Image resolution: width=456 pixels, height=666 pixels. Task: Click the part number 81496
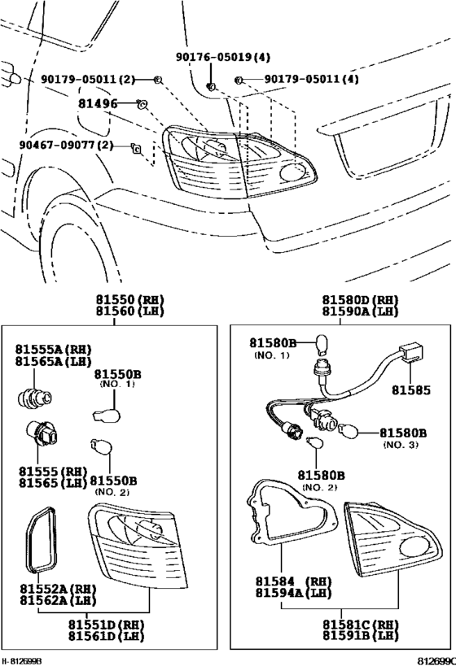tap(98, 104)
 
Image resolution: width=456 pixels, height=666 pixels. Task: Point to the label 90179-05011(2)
tap(87, 80)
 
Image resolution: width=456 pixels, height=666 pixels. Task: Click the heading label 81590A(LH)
tap(359, 311)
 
